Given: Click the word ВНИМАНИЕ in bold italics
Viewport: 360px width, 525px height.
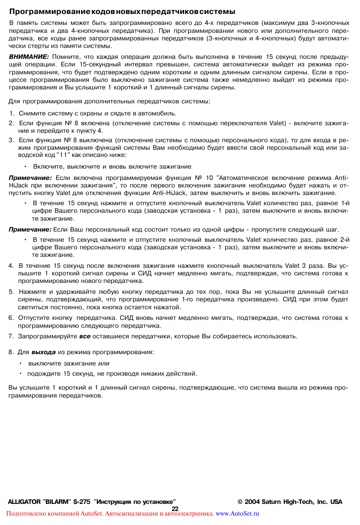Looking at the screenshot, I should point(29,57).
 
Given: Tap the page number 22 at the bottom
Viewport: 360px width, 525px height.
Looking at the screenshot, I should point(175,509).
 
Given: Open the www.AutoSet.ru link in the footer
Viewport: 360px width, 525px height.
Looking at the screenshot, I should point(237,514).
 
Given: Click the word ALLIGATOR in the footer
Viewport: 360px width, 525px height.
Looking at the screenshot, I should point(24,502).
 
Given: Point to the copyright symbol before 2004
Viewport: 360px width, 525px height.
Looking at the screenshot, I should point(240,502).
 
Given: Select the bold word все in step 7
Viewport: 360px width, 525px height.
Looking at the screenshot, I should point(85,336).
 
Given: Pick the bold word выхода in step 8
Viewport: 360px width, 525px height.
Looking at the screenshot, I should point(43,352).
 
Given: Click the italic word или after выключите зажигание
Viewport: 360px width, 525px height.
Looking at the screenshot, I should point(104,364).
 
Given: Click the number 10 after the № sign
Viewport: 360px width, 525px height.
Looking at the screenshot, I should point(209,178).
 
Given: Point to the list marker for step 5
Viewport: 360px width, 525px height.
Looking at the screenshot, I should point(11,292).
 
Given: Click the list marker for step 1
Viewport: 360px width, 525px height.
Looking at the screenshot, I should point(12,114).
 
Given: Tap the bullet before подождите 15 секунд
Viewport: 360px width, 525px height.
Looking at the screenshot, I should point(21,374).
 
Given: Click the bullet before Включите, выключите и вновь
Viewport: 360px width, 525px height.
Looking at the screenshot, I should point(25,167).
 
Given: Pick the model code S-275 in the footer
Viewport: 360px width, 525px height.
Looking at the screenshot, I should point(82,502).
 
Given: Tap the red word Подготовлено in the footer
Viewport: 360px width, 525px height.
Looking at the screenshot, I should point(24,514).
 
